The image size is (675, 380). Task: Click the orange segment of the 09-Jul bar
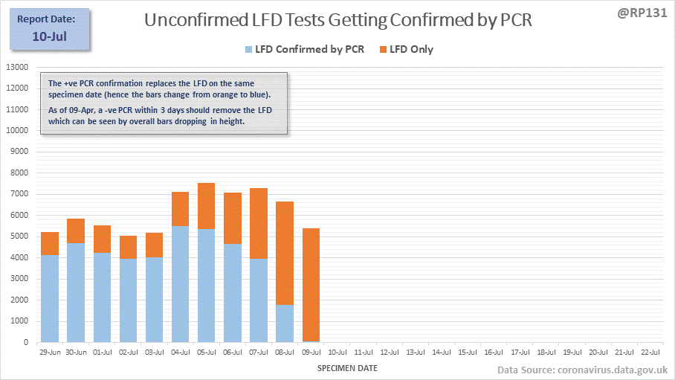click(x=311, y=285)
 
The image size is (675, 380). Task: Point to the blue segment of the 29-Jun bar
click(x=50, y=298)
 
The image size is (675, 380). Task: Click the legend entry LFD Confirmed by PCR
click(x=304, y=50)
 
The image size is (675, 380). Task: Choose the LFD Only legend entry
click(x=406, y=50)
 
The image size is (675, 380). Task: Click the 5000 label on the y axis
click(x=19, y=236)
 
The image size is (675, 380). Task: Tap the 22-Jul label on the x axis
click(x=648, y=351)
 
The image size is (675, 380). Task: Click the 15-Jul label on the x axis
click(x=467, y=351)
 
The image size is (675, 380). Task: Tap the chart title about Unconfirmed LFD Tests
click(x=337, y=20)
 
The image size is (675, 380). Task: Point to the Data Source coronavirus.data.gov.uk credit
click(x=582, y=370)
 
